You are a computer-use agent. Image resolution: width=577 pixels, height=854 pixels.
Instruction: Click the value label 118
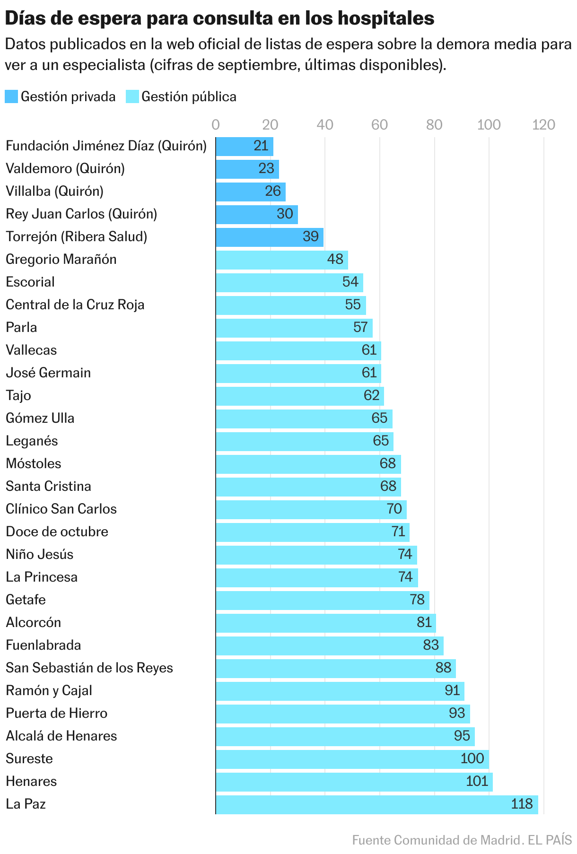pos(522,804)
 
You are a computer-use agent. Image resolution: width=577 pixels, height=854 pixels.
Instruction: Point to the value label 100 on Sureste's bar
pos(472,758)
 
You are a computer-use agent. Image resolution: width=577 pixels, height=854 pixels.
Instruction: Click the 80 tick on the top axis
pos(434,125)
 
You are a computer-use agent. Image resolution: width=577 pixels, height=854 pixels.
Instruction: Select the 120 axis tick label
pos(543,125)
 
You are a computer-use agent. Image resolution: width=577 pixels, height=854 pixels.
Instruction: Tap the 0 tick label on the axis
pos(216,125)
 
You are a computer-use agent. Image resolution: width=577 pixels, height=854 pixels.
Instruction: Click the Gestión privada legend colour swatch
pos(11,97)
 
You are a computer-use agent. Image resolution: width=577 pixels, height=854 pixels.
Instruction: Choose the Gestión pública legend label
pos(189,97)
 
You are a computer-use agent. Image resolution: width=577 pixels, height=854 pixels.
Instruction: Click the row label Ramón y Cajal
pos(49,691)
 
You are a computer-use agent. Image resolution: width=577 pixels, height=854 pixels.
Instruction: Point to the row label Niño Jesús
pos(39,554)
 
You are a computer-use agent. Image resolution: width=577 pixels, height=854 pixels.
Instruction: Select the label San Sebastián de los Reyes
pos(89,668)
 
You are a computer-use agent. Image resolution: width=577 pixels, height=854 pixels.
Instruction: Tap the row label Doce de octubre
pos(57,532)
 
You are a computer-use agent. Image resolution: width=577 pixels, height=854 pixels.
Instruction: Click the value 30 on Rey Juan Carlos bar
pos(285,214)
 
